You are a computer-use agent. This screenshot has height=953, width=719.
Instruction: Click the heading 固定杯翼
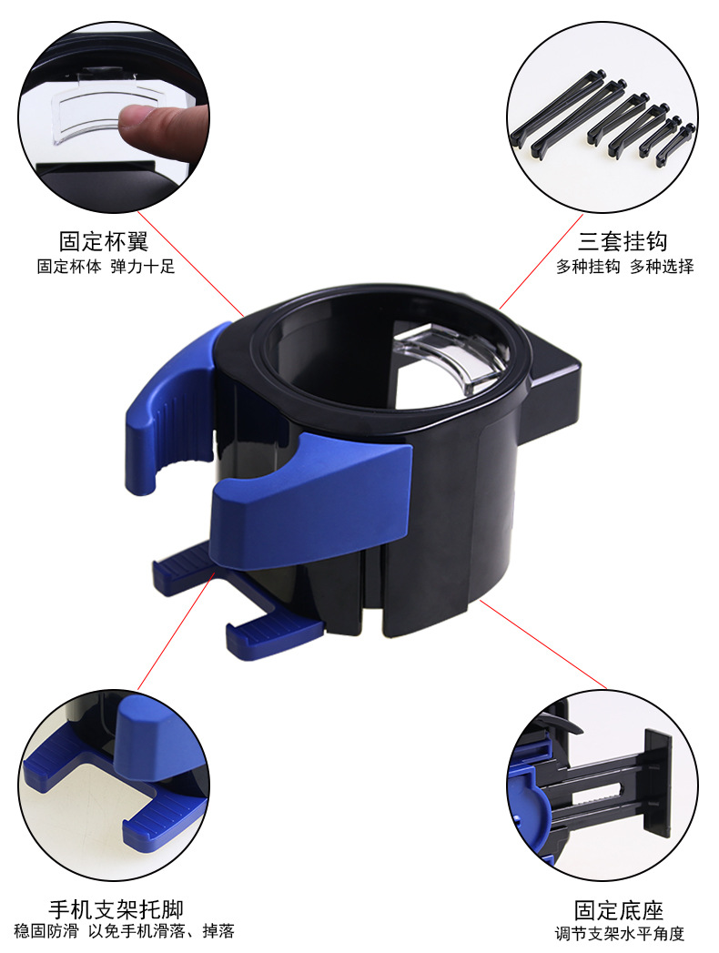(103, 241)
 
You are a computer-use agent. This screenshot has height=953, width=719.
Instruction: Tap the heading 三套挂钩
(623, 241)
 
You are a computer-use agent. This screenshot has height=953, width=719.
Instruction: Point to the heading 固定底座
(619, 910)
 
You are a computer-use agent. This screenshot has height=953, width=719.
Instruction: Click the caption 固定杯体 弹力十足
(105, 267)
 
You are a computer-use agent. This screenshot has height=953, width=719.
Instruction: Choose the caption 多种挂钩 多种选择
(625, 267)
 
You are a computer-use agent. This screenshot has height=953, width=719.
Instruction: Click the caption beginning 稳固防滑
(124, 931)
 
